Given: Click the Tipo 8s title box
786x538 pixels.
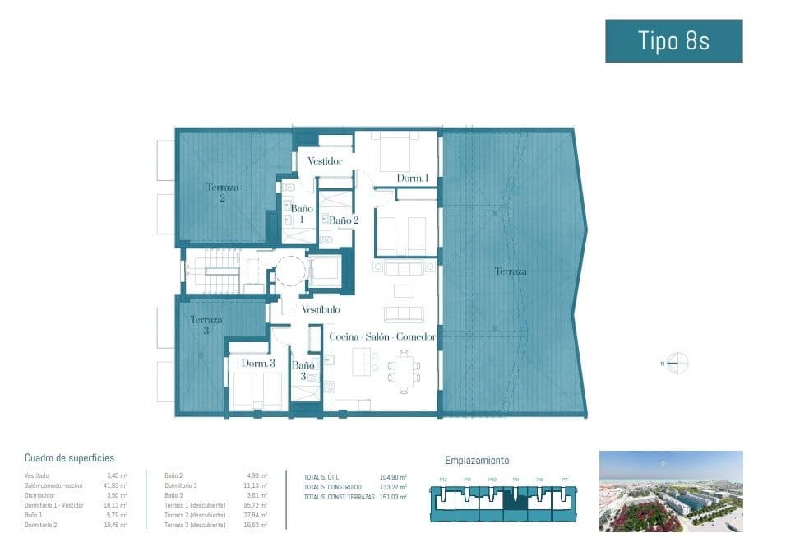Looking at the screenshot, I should [673, 41].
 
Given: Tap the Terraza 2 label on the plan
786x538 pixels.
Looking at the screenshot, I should [222, 192].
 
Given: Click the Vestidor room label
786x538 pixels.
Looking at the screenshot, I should [325, 161].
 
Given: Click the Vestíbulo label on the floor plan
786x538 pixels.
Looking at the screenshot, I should [321, 310].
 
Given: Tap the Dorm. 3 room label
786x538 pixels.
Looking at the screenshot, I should [258, 363].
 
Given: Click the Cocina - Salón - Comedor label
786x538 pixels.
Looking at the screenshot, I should [382, 337].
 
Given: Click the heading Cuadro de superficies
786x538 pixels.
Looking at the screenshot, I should [69, 458].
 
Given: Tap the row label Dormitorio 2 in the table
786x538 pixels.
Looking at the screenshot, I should [41, 525].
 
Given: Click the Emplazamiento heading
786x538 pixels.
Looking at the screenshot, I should [477, 461].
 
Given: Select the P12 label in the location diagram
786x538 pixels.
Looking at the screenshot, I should [443, 480].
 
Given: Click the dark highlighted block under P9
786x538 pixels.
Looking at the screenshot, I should [515, 501].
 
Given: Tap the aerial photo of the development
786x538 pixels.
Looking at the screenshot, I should [671, 490].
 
